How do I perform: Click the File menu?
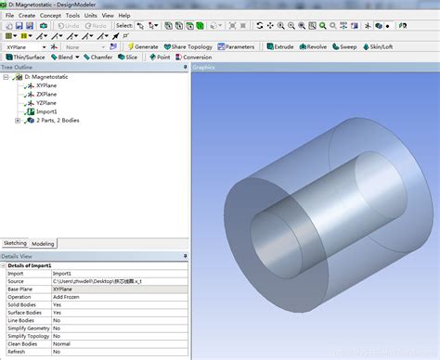[8, 16]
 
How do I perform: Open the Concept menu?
[50, 16]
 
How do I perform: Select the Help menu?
[123, 16]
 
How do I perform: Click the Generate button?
[142, 45]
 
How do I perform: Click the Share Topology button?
[190, 45]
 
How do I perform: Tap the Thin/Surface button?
[25, 57]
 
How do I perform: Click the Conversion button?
[193, 57]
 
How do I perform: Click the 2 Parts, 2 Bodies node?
[58, 121]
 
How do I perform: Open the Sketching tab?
[15, 243]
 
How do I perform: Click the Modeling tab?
[44, 243]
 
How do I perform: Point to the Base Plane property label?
[20, 289]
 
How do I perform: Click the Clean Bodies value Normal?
[62, 343]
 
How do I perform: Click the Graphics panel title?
[205, 68]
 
